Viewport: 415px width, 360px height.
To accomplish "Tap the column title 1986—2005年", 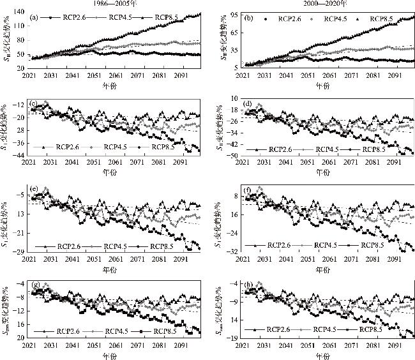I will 103,4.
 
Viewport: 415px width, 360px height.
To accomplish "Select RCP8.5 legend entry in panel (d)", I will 372,149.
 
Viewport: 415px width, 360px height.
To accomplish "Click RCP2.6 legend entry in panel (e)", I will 64,246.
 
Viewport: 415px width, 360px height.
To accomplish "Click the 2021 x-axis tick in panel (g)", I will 29,345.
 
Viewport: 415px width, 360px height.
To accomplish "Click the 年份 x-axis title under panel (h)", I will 324,354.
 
